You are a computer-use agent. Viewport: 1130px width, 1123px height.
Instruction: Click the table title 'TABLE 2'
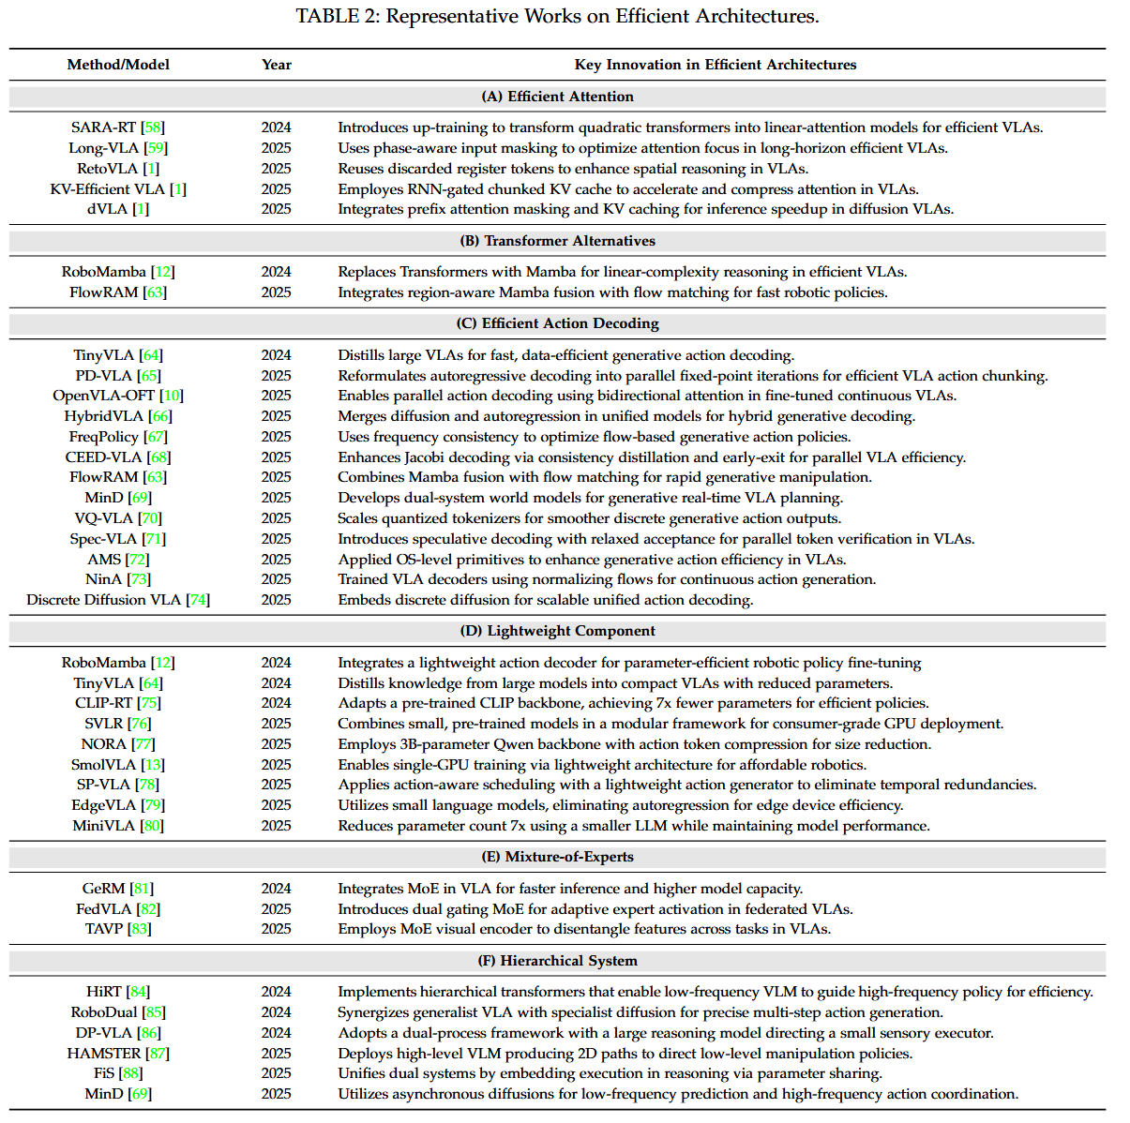[x=338, y=16]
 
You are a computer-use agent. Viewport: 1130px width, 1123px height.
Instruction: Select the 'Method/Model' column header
[x=118, y=65]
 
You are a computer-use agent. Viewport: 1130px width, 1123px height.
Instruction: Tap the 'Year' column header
[x=277, y=65]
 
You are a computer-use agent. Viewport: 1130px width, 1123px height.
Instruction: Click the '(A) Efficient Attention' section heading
[x=557, y=97]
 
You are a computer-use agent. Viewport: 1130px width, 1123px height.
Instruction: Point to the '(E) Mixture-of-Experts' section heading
[x=557, y=857]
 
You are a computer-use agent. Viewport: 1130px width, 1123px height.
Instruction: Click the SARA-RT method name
[x=104, y=127]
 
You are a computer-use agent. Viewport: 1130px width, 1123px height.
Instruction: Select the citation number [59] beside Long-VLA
[x=156, y=148]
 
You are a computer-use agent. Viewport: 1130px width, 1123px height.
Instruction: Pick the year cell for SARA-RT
[x=277, y=127]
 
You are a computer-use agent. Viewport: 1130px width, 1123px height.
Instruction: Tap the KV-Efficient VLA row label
[x=108, y=189]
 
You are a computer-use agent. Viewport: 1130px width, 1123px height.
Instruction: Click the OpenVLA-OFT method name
[x=103, y=396]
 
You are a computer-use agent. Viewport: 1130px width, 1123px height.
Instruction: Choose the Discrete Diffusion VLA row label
[x=103, y=600]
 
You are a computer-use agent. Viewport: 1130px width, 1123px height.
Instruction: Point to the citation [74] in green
[x=198, y=600]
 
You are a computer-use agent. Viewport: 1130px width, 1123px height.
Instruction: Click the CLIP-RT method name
[x=104, y=703]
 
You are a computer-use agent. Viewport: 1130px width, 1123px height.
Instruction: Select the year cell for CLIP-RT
[x=277, y=703]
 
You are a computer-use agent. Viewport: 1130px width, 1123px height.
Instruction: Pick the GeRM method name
[x=103, y=889]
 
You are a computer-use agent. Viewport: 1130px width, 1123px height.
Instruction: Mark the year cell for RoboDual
[x=277, y=1012]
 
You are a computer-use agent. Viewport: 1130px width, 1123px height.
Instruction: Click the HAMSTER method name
[x=104, y=1054]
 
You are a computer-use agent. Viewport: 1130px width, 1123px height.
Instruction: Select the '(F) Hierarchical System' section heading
[x=557, y=961]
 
